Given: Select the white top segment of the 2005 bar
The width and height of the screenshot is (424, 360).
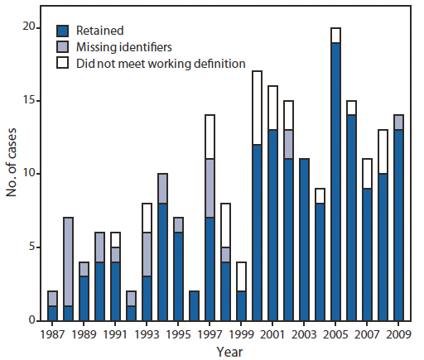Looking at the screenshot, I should pyautogui.click(x=335, y=35).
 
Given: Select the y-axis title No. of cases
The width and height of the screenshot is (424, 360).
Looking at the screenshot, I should pyautogui.click(x=11, y=174).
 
